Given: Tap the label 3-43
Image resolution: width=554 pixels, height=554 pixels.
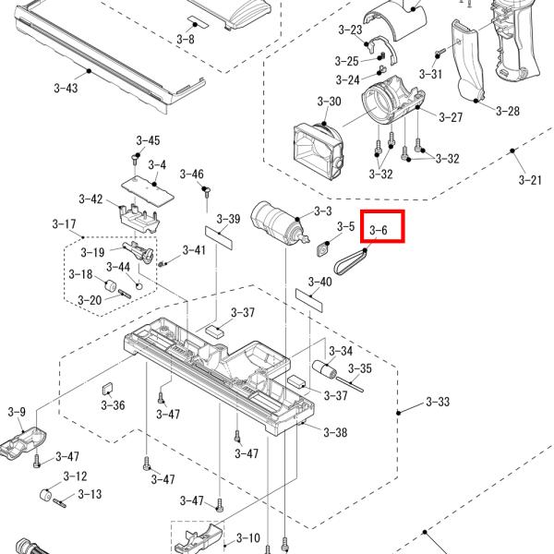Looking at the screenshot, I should [66, 88].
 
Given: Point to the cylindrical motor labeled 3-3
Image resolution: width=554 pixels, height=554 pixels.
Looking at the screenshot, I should [276, 223].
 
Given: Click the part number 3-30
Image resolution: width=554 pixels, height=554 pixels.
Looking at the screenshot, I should [330, 101].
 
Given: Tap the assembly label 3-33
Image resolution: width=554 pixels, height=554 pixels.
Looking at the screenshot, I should [438, 403].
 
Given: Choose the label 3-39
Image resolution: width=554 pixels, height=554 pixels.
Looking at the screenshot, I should [228, 219].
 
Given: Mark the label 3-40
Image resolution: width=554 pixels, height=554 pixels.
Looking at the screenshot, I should [319, 282].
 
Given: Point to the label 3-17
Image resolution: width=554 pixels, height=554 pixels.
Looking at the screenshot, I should [64, 224].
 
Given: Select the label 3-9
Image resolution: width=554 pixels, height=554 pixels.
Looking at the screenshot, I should [17, 412].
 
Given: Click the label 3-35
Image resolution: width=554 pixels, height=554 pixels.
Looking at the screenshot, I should [359, 368].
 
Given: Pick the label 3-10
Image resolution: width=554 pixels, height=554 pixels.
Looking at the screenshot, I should [248, 537].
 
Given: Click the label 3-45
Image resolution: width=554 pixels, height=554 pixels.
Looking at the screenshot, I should [148, 140].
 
